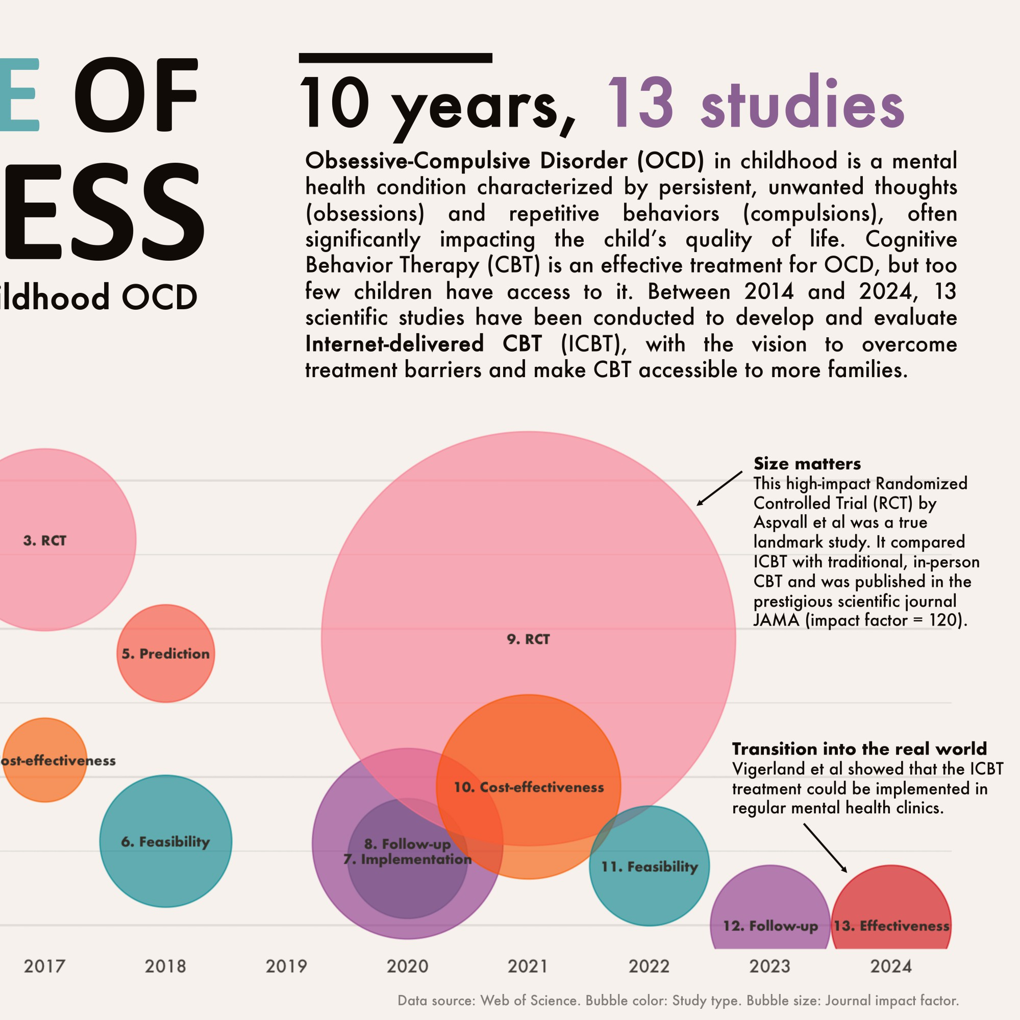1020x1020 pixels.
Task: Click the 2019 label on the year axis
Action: point(286,966)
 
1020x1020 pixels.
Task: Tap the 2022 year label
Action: point(649,966)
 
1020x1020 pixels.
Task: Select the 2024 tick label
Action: point(891,966)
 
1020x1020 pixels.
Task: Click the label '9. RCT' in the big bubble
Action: point(528,639)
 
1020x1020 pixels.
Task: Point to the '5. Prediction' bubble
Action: point(165,654)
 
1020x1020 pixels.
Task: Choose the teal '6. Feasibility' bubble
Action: point(165,841)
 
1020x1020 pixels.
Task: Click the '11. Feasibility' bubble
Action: point(650,866)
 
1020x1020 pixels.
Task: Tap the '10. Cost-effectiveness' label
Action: point(529,787)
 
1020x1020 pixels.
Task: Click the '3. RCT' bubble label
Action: point(45,541)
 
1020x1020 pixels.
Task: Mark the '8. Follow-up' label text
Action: point(407,844)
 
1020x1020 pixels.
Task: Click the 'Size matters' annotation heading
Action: point(807,463)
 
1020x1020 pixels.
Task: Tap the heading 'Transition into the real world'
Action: point(859,749)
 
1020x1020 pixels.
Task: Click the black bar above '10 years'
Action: point(395,58)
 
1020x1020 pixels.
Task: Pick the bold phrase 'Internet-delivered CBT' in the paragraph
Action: point(423,344)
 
